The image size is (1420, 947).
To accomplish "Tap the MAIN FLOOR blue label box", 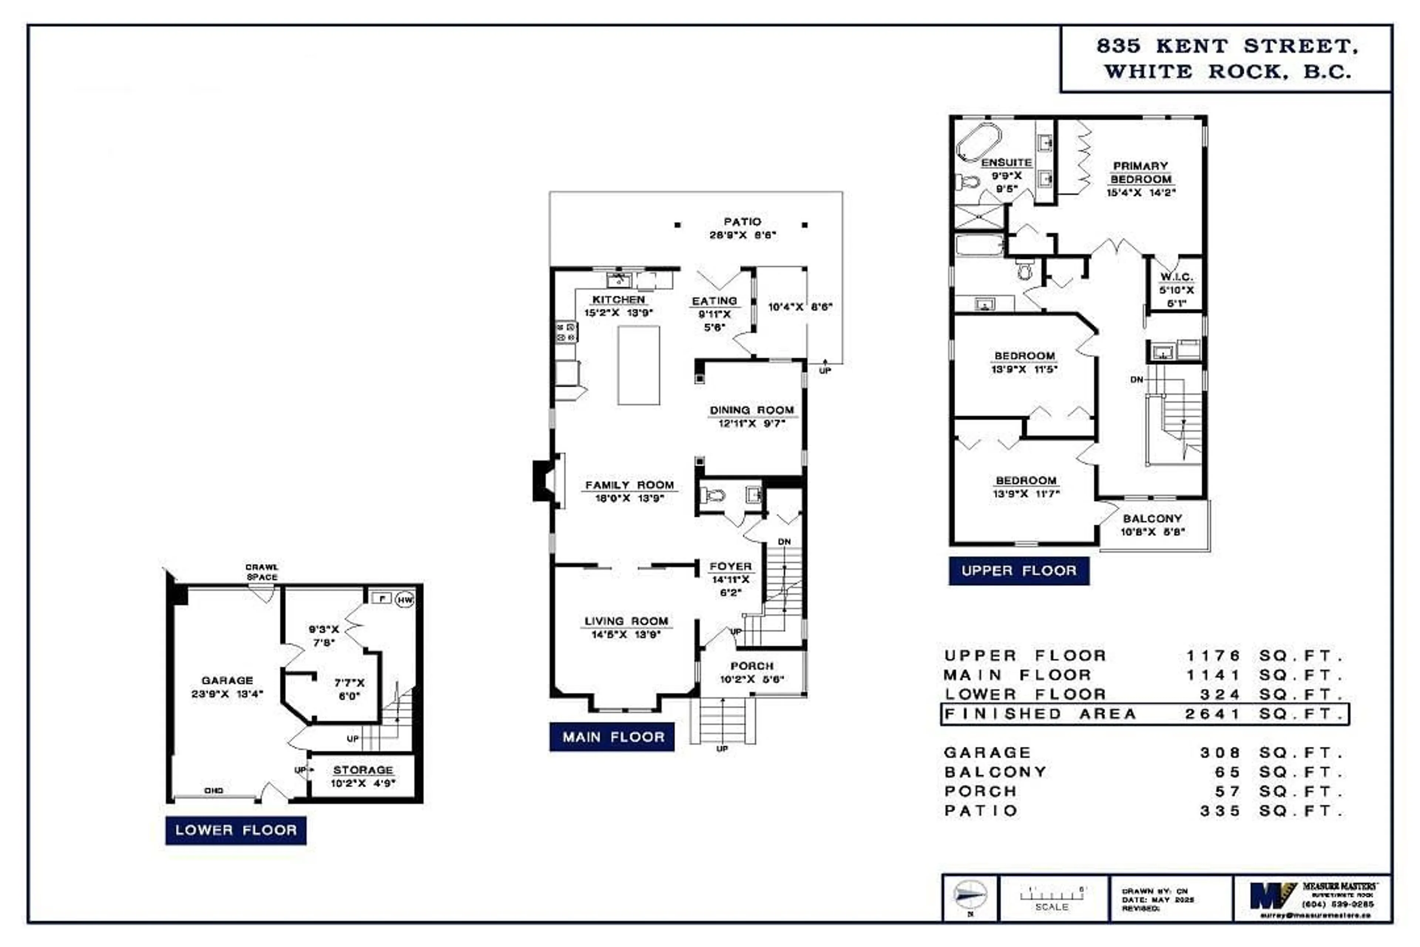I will pos(612,737).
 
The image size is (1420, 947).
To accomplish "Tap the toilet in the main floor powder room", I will pos(713,496).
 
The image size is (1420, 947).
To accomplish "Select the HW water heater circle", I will pos(405,599).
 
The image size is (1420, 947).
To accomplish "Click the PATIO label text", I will pos(742,222).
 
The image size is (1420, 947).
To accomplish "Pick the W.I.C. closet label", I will pos(1176,277).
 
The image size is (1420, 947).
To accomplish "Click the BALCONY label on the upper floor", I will pos(1152,518).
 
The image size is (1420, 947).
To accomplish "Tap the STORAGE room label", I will pos(363,770).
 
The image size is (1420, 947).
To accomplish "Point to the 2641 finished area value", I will pos(1212,714).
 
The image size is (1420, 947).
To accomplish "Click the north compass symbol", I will pos(970,896).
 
